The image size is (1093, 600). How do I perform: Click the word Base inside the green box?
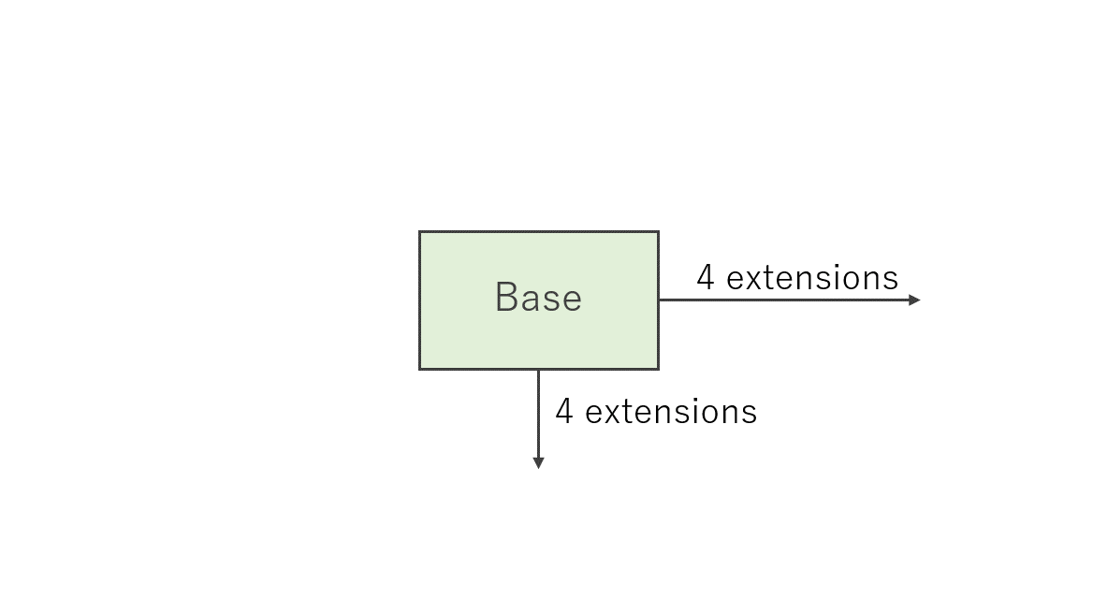[x=538, y=298]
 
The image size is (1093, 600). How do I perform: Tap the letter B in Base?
[x=506, y=297]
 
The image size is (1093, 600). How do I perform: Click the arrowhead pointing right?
[x=914, y=300]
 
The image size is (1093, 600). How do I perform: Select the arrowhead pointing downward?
[x=538, y=462]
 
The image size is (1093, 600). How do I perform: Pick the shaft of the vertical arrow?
[x=538, y=414]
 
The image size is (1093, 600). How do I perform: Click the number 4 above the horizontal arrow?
[x=706, y=277]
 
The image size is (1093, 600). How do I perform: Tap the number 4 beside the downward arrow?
[x=564, y=411]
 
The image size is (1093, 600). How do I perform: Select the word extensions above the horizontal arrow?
[x=812, y=278]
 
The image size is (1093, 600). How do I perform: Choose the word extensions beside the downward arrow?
[x=671, y=412]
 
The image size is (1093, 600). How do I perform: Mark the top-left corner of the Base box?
[x=419, y=232]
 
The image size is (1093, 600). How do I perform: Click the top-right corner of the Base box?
[x=658, y=232]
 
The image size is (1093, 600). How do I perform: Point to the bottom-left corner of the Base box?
[x=419, y=369]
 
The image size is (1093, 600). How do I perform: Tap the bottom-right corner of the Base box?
[x=658, y=369]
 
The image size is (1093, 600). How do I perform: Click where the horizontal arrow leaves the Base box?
[x=660, y=300]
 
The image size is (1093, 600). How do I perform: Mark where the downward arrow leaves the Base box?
[x=538, y=370]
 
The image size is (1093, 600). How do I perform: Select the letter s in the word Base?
[x=550, y=301]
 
